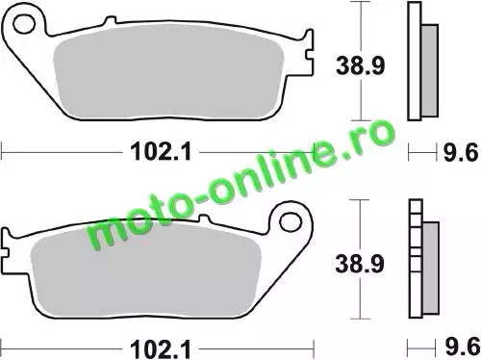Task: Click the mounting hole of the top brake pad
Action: click(x=24, y=23)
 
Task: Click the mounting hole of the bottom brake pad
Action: click(x=291, y=222)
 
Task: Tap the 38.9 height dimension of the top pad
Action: click(x=360, y=65)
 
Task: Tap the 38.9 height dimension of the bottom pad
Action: click(x=360, y=264)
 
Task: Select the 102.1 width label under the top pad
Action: click(x=161, y=151)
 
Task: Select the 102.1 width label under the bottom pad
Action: click(x=161, y=349)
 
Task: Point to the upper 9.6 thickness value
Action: click(x=461, y=152)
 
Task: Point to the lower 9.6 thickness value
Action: click(x=462, y=347)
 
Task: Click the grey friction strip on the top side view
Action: click(x=429, y=70)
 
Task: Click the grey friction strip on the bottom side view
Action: click(x=431, y=268)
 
